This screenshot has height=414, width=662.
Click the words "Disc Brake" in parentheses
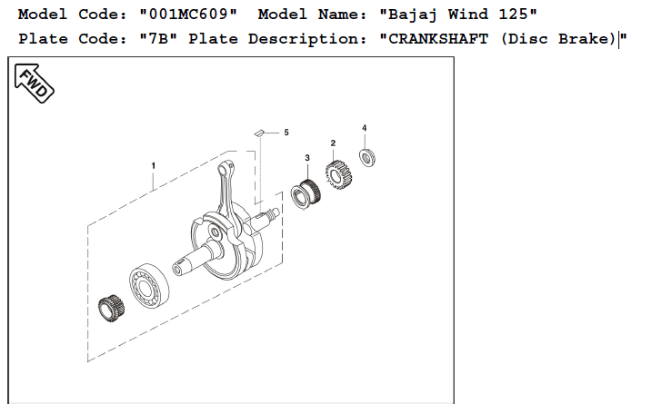559,41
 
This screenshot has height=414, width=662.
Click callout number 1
153,165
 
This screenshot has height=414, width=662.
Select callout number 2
333,143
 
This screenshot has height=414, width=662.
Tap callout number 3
307,158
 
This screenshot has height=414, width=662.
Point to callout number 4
364,128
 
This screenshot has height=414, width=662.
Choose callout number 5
286,133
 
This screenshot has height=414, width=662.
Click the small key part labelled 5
259,132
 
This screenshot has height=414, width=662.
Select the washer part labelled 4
367,159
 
